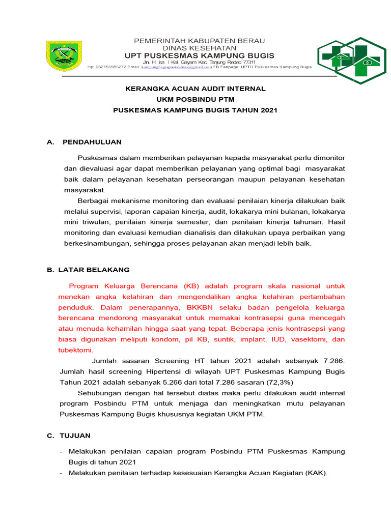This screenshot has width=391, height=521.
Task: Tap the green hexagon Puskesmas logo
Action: click(352, 61)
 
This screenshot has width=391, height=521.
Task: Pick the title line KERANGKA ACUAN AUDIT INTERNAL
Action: click(195, 89)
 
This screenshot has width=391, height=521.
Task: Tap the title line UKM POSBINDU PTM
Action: click(195, 99)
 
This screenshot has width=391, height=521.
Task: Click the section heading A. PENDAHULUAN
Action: click(84, 141)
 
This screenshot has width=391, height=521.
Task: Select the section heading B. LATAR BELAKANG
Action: click(88, 270)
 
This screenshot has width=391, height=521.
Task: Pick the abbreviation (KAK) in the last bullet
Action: click(316, 473)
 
